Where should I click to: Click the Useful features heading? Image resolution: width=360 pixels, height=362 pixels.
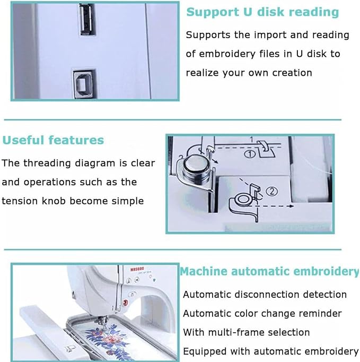pyautogui.click(x=53, y=141)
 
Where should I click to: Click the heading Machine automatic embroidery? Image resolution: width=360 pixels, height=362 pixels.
pyautogui.click(x=269, y=271)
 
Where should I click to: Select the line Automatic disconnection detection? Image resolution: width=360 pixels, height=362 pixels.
pyautogui.click(x=265, y=295)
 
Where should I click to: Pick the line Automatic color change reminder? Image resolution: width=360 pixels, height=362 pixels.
pyautogui.click(x=262, y=314)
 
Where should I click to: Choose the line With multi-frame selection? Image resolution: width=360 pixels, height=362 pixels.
pyautogui.click(x=246, y=332)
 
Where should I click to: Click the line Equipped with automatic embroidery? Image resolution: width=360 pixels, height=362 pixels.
pyautogui.click(x=270, y=351)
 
